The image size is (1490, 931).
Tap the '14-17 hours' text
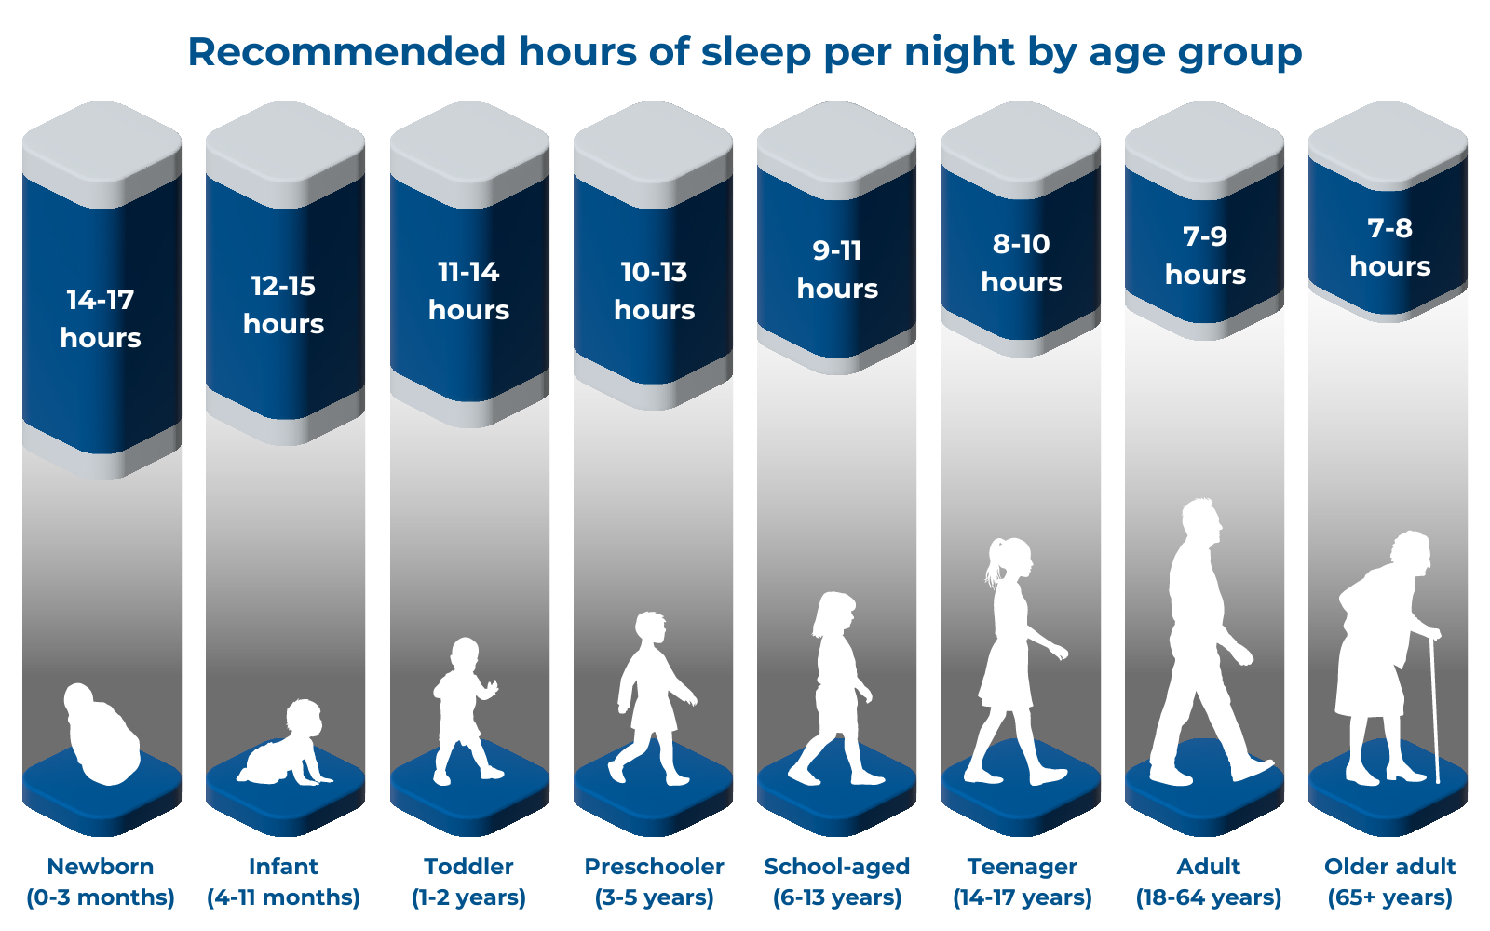(x=101, y=318)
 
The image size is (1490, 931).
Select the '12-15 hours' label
(x=283, y=304)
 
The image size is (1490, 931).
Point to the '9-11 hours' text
(x=837, y=269)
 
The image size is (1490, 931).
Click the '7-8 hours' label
(x=1389, y=247)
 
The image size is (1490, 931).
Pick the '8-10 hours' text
(x=1021, y=263)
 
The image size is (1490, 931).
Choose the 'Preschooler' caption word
(x=654, y=867)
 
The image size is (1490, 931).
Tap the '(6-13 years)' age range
(x=837, y=897)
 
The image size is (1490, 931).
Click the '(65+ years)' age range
(x=1389, y=897)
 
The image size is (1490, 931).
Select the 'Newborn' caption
(x=101, y=867)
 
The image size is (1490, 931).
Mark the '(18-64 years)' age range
(x=1208, y=897)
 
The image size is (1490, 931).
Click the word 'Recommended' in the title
(x=346, y=52)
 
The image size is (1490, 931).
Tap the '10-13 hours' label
(x=654, y=290)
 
